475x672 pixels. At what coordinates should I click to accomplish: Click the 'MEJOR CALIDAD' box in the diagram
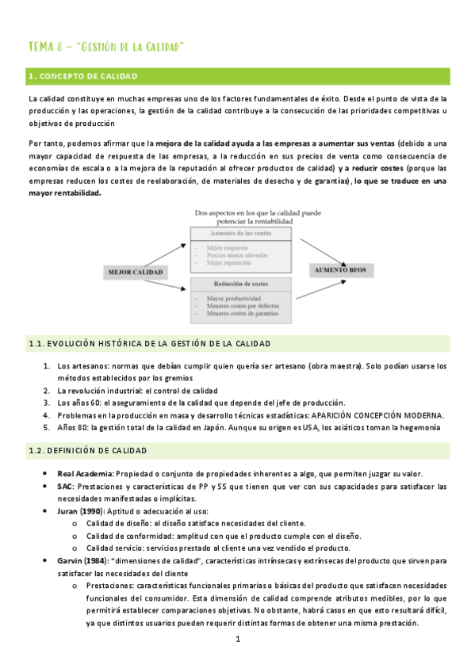[x=135, y=273]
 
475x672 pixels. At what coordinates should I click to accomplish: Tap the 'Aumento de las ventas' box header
[x=240, y=233]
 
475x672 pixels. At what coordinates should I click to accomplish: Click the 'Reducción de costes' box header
[x=240, y=284]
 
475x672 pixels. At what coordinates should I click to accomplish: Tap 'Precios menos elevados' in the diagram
[x=235, y=254]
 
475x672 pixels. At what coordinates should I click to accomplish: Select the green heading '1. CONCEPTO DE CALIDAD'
[x=82, y=76]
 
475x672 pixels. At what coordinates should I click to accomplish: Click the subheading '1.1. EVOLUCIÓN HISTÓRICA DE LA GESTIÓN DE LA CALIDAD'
[x=149, y=344]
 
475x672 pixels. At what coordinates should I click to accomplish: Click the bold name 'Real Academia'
[x=85, y=474]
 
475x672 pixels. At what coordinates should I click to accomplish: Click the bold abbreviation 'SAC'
[x=65, y=487]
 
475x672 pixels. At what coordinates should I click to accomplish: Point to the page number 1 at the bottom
[x=237, y=639]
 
